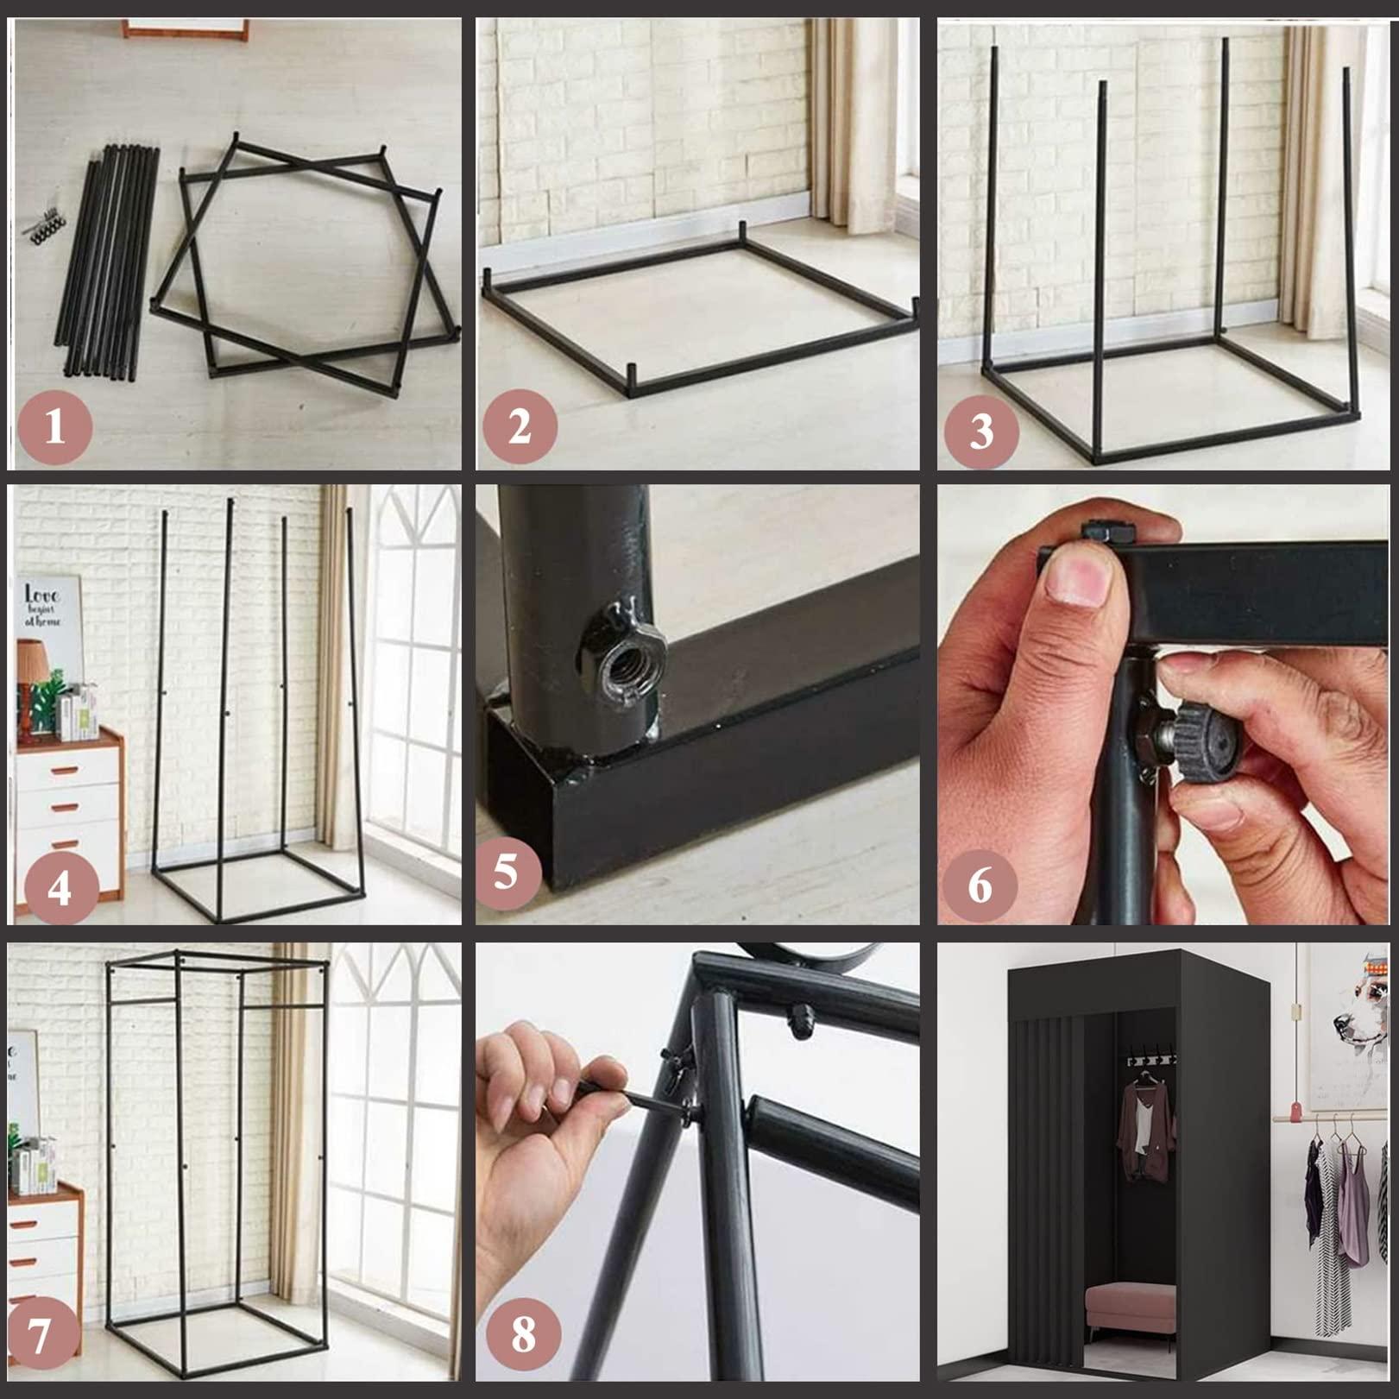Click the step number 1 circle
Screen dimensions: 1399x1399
coord(54,427)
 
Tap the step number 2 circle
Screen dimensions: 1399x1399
coord(520,427)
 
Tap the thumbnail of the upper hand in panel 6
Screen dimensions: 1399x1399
coord(1075,580)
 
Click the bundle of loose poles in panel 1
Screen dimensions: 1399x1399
coord(108,259)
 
